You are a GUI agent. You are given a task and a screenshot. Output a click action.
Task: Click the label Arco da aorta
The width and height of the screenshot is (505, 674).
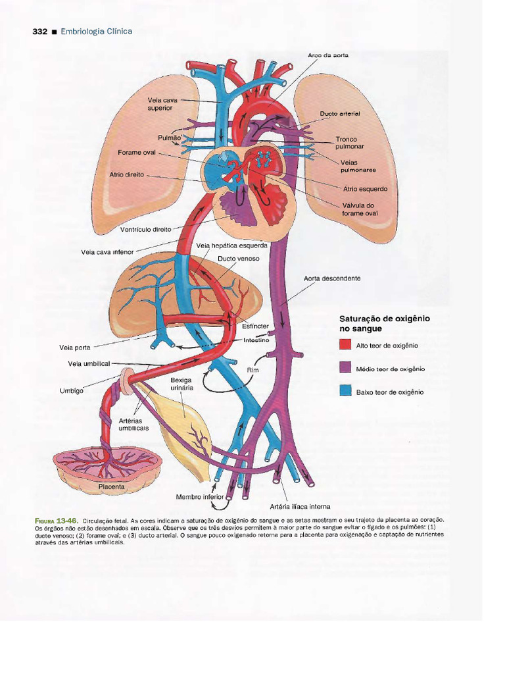pyautogui.click(x=328, y=55)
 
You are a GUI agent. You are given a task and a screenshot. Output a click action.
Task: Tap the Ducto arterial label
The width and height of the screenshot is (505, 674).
pyautogui.click(x=340, y=114)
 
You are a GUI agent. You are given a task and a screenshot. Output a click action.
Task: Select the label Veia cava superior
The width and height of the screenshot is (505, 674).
pyautogui.click(x=162, y=104)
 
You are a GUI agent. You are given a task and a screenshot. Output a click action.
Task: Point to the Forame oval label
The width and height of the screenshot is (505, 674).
pyautogui.click(x=137, y=152)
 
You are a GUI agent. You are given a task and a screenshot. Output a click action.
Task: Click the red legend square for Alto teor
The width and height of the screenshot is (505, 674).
pyautogui.click(x=346, y=345)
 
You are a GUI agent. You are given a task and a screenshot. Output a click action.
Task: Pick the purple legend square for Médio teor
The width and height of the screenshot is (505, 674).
pyautogui.click(x=346, y=369)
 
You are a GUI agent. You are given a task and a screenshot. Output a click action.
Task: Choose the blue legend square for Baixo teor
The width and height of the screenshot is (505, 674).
pyautogui.click(x=346, y=392)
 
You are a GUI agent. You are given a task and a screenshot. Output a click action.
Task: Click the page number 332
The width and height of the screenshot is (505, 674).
pyautogui.click(x=40, y=32)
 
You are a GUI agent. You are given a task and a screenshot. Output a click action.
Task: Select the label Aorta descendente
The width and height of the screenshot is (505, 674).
pyautogui.click(x=332, y=278)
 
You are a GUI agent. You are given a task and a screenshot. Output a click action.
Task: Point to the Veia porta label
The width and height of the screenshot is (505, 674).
pyautogui.click(x=75, y=348)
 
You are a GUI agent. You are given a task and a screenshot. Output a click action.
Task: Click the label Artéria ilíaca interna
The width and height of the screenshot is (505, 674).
pyautogui.click(x=300, y=506)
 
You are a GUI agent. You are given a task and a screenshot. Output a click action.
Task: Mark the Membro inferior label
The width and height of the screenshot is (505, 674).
pyautogui.click(x=200, y=497)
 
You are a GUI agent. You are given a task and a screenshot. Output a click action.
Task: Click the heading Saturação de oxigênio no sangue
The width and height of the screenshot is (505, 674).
pyautogui.click(x=384, y=324)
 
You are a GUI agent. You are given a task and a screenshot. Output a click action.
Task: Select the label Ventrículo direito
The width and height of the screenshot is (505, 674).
pyautogui.click(x=145, y=230)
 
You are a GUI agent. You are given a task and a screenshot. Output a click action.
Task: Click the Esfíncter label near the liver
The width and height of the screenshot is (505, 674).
pyautogui.click(x=255, y=326)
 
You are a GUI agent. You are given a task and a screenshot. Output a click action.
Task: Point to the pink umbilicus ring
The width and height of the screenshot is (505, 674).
pyautogui.click(x=128, y=381)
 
